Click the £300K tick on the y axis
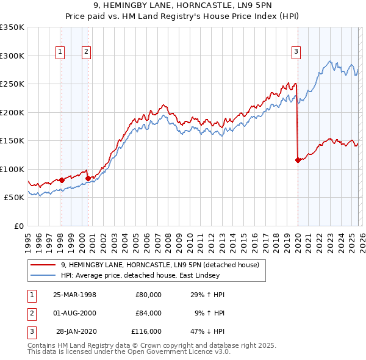(x=12, y=56)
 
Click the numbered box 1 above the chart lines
(x=61, y=52)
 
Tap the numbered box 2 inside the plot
(x=87, y=52)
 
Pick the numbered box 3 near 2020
(x=296, y=52)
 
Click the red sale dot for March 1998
(x=62, y=180)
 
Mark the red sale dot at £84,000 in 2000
(x=88, y=178)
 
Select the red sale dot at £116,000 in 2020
(x=298, y=160)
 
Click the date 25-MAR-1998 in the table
(x=74, y=295)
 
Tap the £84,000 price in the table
(x=148, y=313)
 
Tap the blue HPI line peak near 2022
(x=330, y=61)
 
